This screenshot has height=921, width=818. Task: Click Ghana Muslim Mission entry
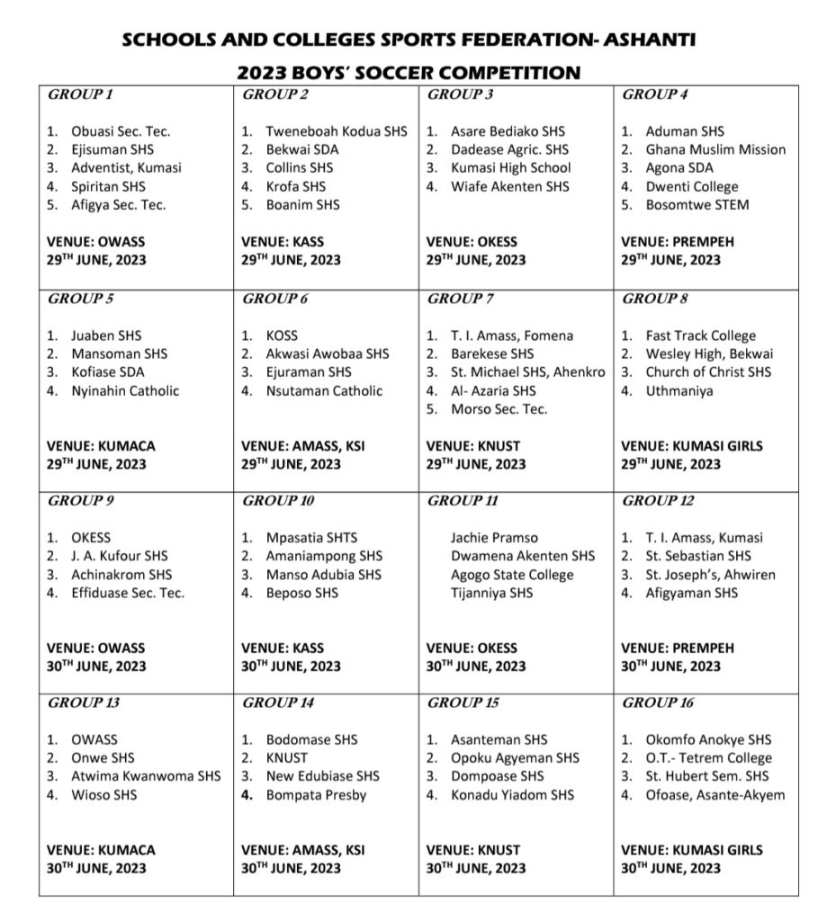pos(715,149)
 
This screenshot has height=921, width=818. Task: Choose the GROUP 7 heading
pos(461,298)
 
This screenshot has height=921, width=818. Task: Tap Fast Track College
pos(701,335)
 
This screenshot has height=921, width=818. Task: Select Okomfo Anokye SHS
pos(708,739)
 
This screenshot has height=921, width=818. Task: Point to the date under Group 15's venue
pos(475,868)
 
